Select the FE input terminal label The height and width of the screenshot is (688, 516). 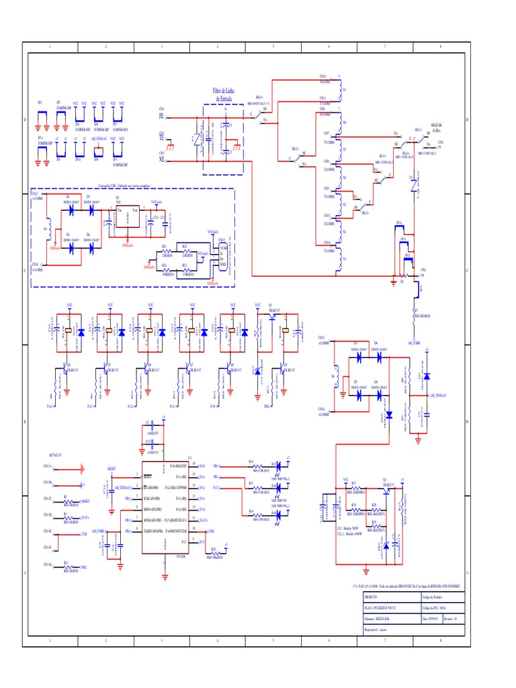161,116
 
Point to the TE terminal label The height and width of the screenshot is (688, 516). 161,137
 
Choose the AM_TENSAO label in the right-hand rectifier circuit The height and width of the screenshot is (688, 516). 438,396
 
